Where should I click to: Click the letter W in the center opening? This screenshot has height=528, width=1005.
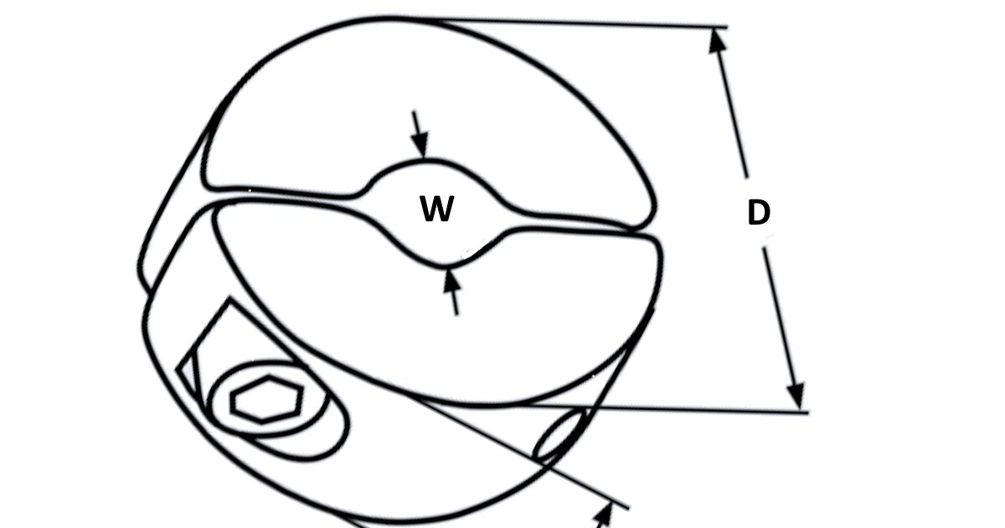coord(436,209)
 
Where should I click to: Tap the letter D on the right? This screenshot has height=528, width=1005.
coord(759,212)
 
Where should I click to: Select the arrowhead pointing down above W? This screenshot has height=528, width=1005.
coord(420,144)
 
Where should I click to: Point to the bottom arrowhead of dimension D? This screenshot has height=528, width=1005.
coord(796,397)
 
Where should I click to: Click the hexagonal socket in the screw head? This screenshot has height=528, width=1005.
coord(265,399)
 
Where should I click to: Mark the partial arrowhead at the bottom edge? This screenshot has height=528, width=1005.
coord(604,516)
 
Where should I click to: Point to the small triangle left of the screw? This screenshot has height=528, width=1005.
coord(190,375)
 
